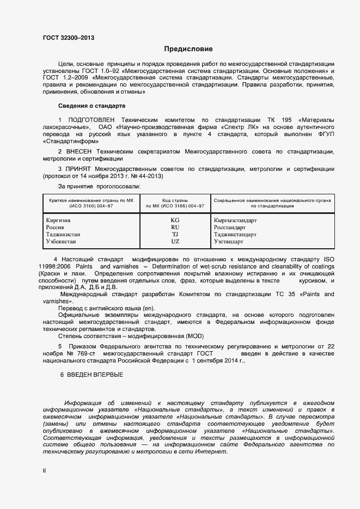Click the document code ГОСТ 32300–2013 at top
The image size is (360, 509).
pyautogui.click(x=69, y=38)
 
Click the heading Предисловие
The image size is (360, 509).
pyautogui.click(x=188, y=49)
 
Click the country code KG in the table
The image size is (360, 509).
pyautogui.click(x=175, y=220)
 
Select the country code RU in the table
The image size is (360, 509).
pyautogui.click(x=175, y=227)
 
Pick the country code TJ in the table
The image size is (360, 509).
pyautogui.click(x=175, y=234)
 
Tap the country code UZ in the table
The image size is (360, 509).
pyautogui.click(x=175, y=241)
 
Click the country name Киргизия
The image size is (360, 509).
pyautogui.click(x=59, y=220)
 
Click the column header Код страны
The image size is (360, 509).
pyautogui.click(x=175, y=201)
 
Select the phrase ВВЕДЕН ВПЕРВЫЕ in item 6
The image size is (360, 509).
pyautogui.click(x=94, y=375)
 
